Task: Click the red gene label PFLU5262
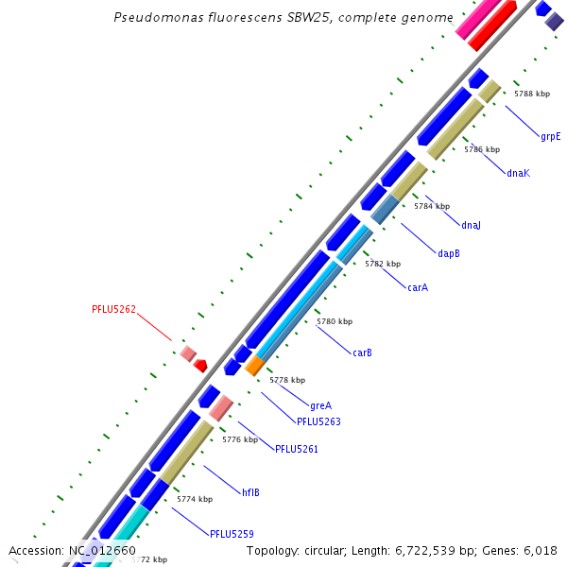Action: [x=113, y=309]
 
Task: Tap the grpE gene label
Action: [x=550, y=136]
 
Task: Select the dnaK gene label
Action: [x=518, y=173]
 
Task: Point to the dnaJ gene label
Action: [x=471, y=225]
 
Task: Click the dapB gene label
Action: [x=448, y=252]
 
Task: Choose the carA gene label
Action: [x=418, y=287]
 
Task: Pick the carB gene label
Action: [x=362, y=352]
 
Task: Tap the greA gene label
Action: [x=320, y=405]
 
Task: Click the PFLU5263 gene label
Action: [x=318, y=421]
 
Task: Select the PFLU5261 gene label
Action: [x=297, y=449]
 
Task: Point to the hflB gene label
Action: [x=250, y=492]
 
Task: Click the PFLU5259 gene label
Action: [x=232, y=534]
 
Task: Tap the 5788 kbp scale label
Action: [x=531, y=94]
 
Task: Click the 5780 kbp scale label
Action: [x=334, y=322]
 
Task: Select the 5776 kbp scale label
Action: [x=239, y=439]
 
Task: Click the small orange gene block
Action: [x=254, y=366]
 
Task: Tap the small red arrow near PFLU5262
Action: [x=200, y=365]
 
